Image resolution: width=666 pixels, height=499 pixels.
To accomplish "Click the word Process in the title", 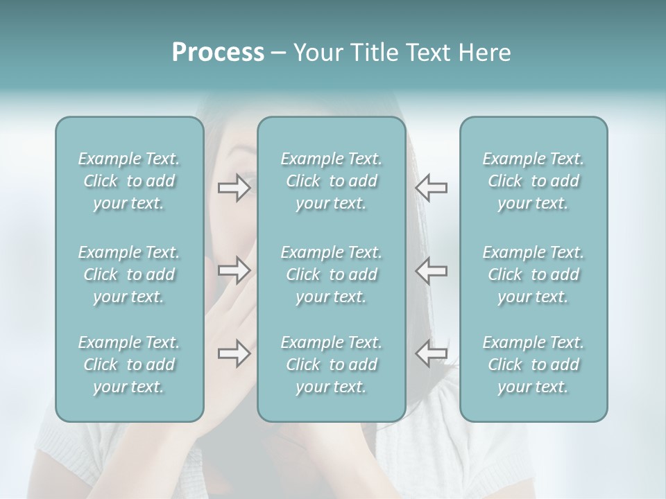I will tap(218, 53).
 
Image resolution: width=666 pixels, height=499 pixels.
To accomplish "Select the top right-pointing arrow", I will tap(234, 188).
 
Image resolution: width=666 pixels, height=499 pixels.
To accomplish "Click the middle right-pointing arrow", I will tap(234, 270).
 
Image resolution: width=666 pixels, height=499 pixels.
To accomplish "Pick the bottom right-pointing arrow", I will tap(234, 353).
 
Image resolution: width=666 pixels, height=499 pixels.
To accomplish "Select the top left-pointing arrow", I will tap(432, 188).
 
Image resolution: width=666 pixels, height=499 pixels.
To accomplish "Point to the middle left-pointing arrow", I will tap(432, 270).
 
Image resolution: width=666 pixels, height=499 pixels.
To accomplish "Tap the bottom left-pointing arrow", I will tap(432, 353).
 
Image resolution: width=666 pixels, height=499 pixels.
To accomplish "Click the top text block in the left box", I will tap(129, 181).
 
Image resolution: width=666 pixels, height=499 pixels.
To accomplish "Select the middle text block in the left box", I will tap(129, 274).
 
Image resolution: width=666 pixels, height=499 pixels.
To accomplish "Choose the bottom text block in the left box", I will tap(129, 365).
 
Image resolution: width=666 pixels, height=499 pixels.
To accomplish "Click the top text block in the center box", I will tap(332, 181).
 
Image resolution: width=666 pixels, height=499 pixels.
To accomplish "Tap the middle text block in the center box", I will tap(332, 274).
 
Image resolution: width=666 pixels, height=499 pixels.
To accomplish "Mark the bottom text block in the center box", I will tap(332, 365).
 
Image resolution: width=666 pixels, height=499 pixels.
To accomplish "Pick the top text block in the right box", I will tap(533, 181).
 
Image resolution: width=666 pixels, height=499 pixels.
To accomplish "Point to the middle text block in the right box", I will tap(533, 274).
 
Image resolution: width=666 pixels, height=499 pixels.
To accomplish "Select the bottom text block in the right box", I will tap(533, 365).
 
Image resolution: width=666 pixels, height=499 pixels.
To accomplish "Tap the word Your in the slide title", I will tap(316, 53).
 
